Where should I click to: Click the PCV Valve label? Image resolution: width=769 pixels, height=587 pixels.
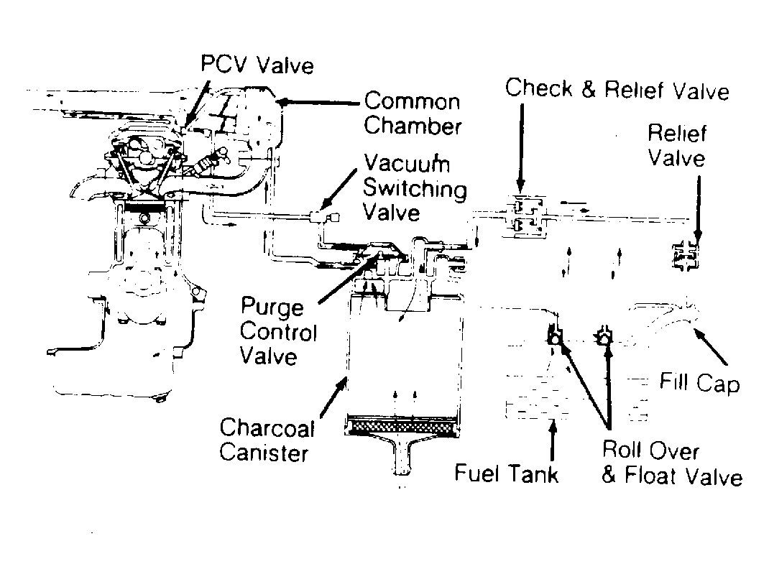tap(257, 65)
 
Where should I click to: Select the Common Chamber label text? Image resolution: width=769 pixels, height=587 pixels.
tap(412, 113)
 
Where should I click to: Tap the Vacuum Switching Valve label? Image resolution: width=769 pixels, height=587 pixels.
tap(415, 188)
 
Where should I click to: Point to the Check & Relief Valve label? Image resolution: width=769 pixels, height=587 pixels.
tap(617, 89)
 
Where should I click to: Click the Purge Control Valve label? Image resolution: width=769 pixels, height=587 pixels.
tap(277, 332)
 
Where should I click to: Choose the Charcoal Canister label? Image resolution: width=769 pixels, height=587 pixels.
tap(267, 440)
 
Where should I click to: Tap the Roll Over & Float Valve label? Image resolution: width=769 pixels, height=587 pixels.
tap(671, 463)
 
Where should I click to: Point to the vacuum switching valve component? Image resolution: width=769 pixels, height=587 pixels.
tap(321, 215)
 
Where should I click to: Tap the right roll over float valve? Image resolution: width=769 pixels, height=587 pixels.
tap(604, 335)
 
